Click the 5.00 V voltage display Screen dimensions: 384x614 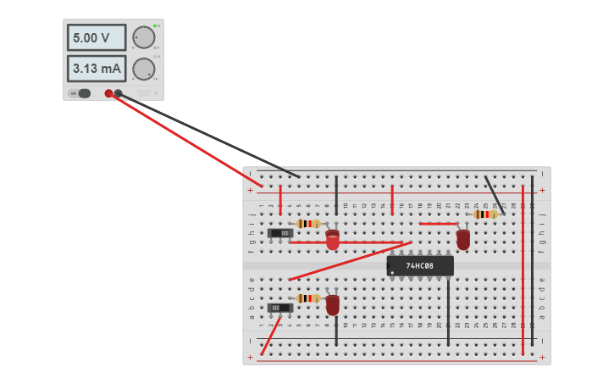point(97,38)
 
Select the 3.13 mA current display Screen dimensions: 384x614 point(97,69)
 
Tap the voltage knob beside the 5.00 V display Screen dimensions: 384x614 point(144,37)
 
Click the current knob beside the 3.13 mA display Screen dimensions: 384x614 point(144,69)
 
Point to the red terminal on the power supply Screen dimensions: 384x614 point(108,93)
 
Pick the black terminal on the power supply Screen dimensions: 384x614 point(119,93)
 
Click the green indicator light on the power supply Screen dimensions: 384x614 point(157,25)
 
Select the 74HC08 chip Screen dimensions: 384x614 point(420,266)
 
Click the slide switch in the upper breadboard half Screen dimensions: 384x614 point(280,233)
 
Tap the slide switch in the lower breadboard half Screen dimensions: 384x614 point(280,308)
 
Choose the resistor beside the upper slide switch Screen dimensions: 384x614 point(308,224)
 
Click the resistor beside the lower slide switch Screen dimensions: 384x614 point(308,298)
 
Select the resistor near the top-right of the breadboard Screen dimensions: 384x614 point(485,214)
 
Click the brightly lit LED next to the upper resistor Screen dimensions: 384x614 point(333,240)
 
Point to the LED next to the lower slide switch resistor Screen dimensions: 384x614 point(333,304)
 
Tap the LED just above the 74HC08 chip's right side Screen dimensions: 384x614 point(463,240)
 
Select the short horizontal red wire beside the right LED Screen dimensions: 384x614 point(438,224)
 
